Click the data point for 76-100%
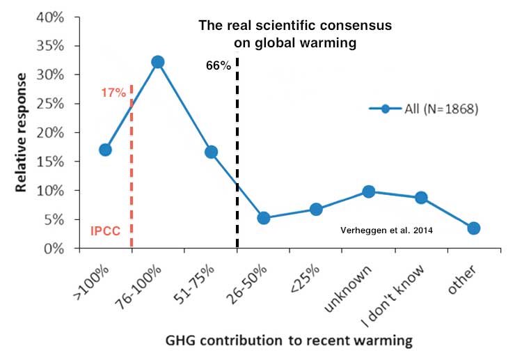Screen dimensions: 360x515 click(x=158, y=62)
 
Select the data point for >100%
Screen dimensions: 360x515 click(x=105, y=150)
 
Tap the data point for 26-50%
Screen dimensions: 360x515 click(x=263, y=218)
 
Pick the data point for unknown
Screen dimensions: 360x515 click(x=369, y=191)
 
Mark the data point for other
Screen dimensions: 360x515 click(x=474, y=228)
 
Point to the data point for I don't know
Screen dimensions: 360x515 click(x=421, y=198)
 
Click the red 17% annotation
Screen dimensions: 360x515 click(x=113, y=92)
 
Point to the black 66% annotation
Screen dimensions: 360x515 click(x=219, y=67)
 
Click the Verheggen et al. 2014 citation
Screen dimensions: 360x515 click(x=384, y=230)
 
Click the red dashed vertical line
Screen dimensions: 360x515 click(x=132, y=174)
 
